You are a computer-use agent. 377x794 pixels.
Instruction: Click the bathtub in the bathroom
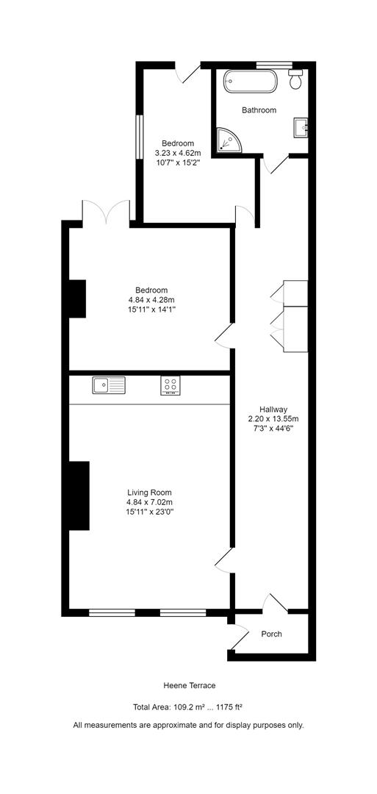pyautogui.click(x=251, y=81)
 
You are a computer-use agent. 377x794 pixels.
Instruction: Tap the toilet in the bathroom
pyautogui.click(x=296, y=80)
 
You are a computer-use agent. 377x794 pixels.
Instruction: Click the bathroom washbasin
pyautogui.click(x=301, y=128)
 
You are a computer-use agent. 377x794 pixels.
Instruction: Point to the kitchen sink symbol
pyautogui.click(x=109, y=385)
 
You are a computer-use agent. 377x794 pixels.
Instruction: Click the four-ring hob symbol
pyautogui.click(x=171, y=385)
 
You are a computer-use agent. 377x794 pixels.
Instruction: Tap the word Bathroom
pyautogui.click(x=259, y=110)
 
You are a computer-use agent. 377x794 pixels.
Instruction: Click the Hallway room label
pyautogui.click(x=273, y=409)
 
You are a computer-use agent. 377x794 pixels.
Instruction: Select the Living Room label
pyautogui.click(x=149, y=493)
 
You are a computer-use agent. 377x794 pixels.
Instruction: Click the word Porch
pyautogui.click(x=271, y=634)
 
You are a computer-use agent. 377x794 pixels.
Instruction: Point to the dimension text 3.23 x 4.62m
pyautogui.click(x=178, y=153)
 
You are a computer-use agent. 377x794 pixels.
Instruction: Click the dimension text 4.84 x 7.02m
pyautogui.click(x=149, y=502)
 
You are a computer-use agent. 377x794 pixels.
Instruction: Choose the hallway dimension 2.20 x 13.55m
pyautogui.click(x=273, y=419)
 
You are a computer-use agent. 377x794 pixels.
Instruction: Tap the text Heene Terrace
pyautogui.click(x=189, y=685)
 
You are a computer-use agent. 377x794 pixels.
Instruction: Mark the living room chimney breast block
pyautogui.click(x=79, y=496)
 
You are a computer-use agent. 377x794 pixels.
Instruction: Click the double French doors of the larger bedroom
pyautogui.click(x=107, y=212)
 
